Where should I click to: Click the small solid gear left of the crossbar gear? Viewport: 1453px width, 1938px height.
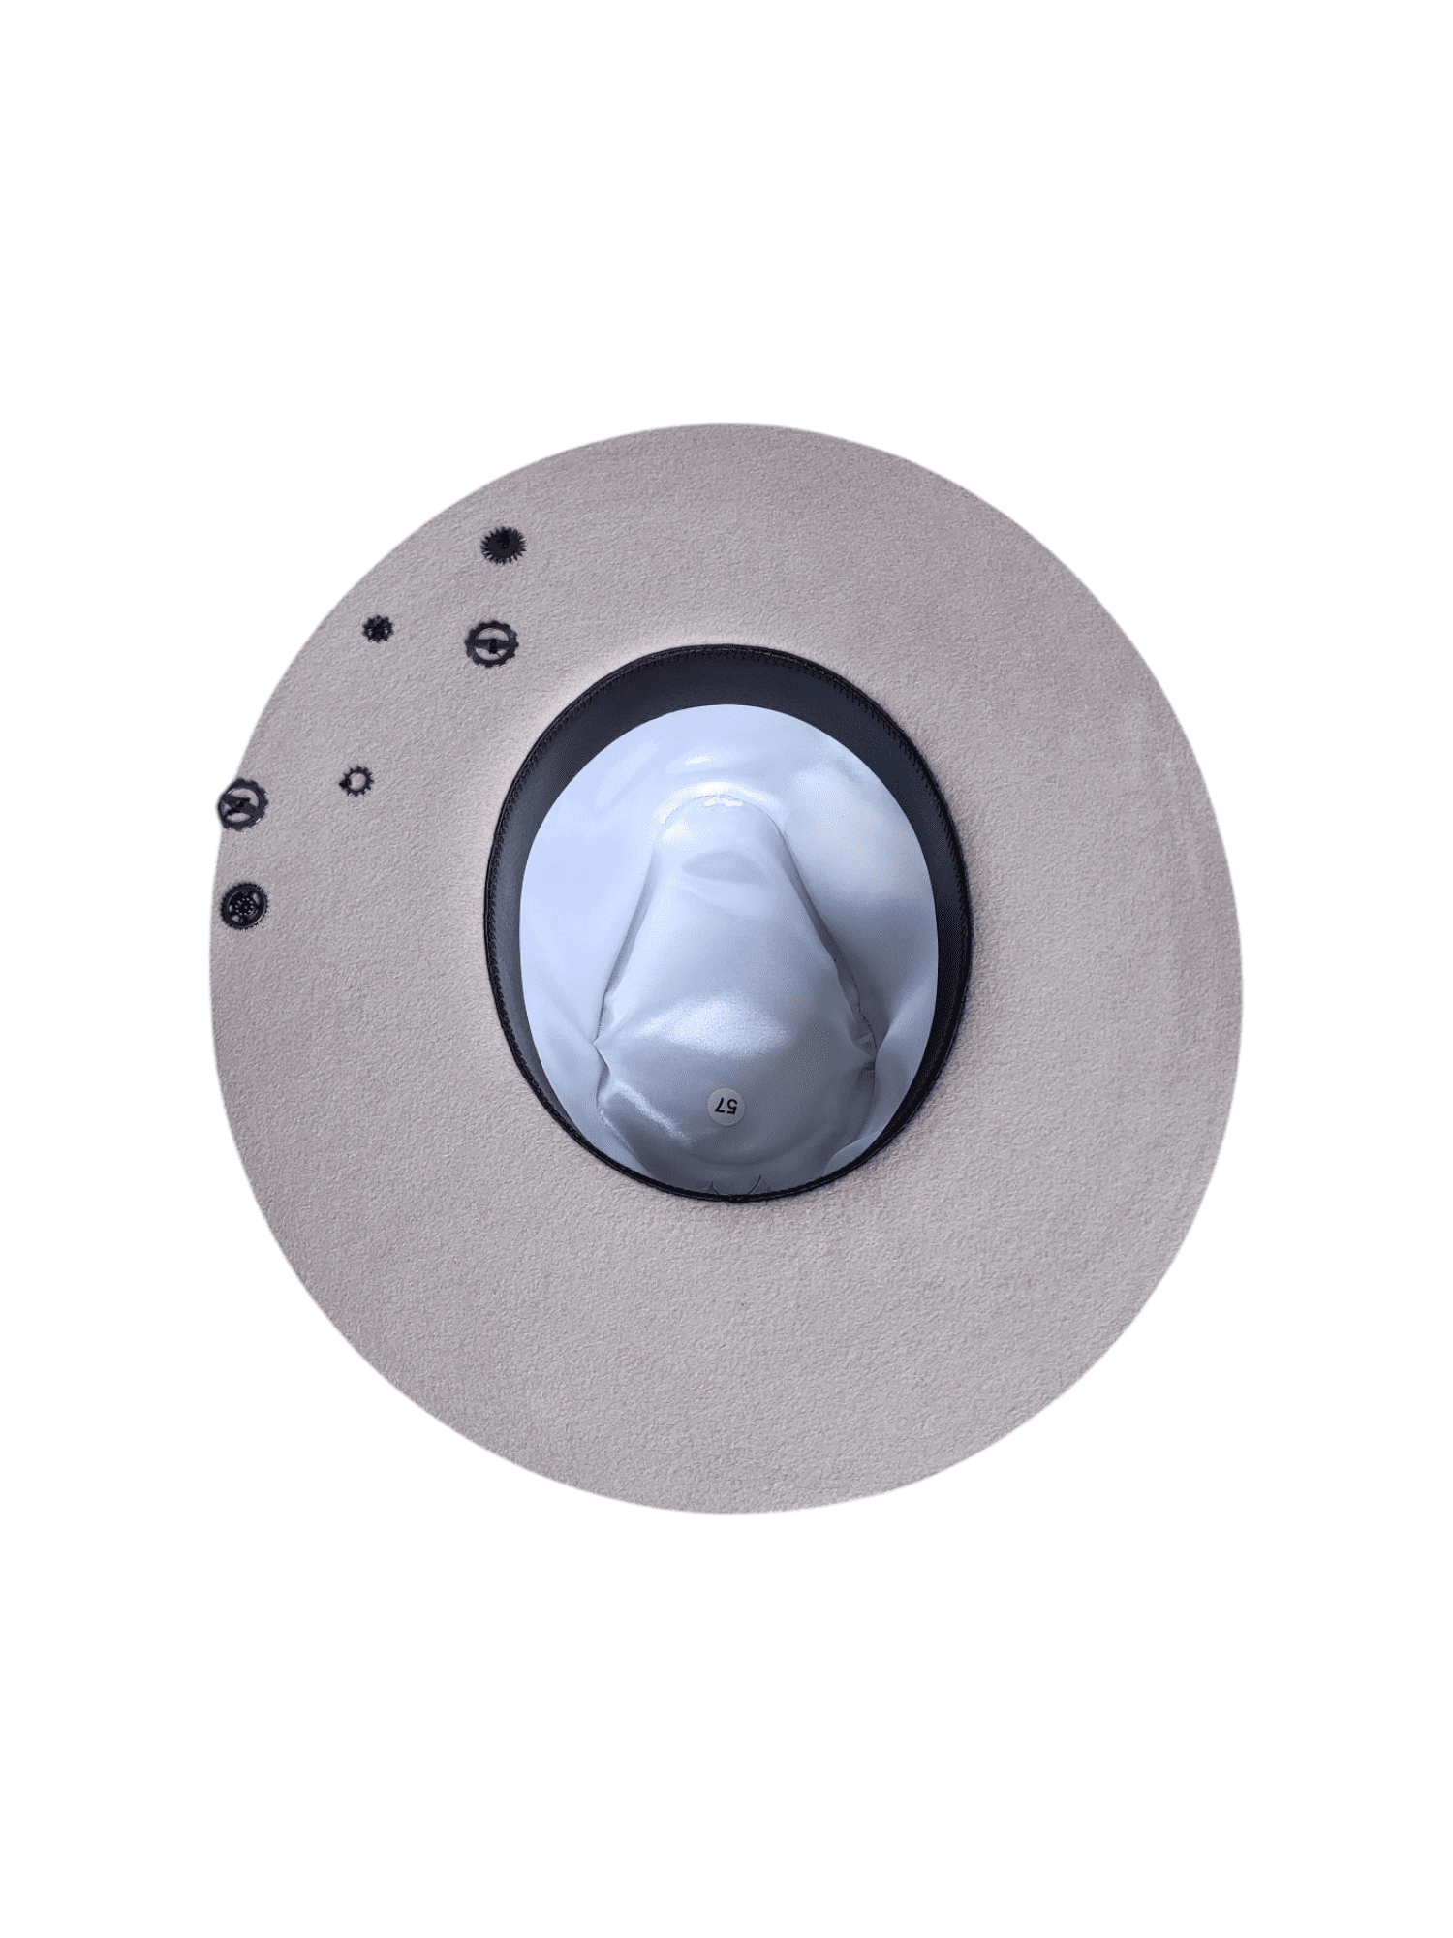coord(376,629)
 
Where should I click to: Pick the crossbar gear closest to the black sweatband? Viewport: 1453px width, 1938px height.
coord(491,641)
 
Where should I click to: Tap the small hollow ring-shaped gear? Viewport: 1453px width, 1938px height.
coord(356,780)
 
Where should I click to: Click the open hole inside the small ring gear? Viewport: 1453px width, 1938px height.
coord(356,780)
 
